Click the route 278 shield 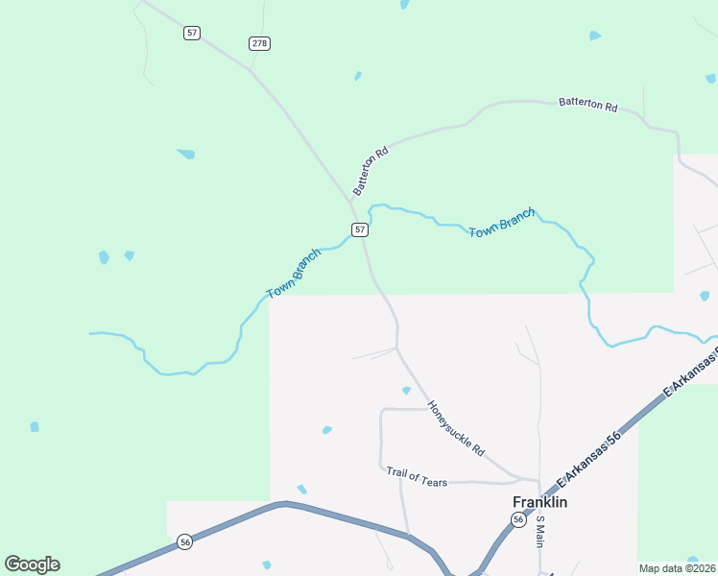tap(259, 43)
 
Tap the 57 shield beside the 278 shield tap(192, 33)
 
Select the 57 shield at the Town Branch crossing tap(359, 229)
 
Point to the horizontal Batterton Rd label tap(587, 104)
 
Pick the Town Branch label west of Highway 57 tap(294, 273)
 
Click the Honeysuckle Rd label tap(456, 428)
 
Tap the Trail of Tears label tap(417, 476)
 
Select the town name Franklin tap(539, 502)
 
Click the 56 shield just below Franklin tap(518, 519)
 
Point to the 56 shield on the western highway tap(185, 542)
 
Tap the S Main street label tap(540, 531)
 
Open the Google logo tap(32, 564)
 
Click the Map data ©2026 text tap(677, 568)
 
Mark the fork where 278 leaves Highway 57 tap(251, 71)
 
